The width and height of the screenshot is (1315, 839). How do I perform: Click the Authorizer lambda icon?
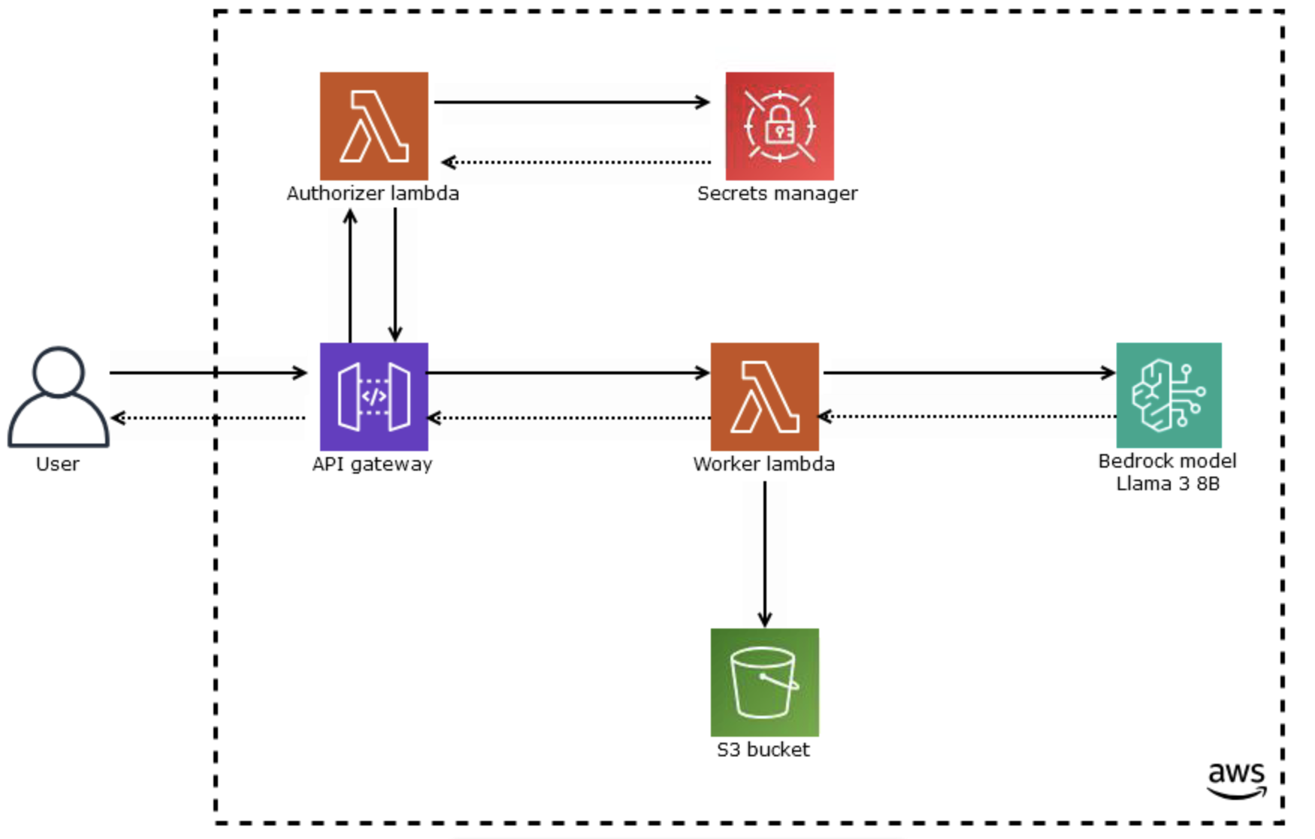point(373,126)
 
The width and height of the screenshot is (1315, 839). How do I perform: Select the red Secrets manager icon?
point(779,126)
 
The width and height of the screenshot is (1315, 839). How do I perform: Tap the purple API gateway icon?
point(373,396)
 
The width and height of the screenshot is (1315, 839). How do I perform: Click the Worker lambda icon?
point(764,396)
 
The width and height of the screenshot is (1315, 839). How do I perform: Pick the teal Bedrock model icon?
point(1168,395)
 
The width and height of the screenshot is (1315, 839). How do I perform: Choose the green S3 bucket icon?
point(764,682)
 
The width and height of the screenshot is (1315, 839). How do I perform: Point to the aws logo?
point(1236,780)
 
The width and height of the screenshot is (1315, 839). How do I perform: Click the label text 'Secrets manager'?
point(777,193)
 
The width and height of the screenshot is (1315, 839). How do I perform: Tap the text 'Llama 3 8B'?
point(1168,483)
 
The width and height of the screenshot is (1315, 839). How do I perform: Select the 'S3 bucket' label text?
point(763,750)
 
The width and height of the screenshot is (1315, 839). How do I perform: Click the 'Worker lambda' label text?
point(763,464)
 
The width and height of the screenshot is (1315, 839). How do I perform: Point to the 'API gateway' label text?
point(372,464)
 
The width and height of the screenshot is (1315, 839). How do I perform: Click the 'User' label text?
point(58,464)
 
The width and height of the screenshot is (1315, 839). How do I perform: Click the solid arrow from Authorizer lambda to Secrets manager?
point(571,101)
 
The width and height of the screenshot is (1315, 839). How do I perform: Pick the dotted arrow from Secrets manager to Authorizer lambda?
point(576,162)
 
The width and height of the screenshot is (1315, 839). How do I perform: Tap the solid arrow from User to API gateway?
point(207,372)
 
